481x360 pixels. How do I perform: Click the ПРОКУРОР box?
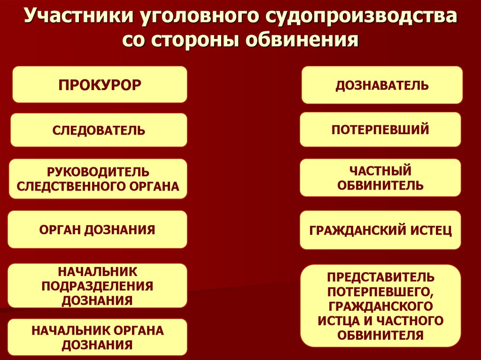click(x=100, y=84)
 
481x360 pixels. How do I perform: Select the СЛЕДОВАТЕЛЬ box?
click(x=99, y=130)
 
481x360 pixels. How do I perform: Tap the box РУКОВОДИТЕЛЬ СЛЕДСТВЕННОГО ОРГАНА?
click(x=98, y=179)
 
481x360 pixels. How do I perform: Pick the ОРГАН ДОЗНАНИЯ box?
click(x=97, y=230)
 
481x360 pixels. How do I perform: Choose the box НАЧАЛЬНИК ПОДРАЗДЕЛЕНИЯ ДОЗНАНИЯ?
click(x=98, y=285)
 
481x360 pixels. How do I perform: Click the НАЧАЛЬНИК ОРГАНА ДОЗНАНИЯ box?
click(x=98, y=337)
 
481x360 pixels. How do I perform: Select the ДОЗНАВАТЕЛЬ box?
click(x=381, y=85)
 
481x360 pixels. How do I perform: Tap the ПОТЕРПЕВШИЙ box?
click(x=380, y=129)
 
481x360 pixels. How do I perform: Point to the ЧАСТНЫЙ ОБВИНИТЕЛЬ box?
click(x=380, y=177)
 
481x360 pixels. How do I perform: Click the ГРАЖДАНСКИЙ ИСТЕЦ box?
click(x=380, y=230)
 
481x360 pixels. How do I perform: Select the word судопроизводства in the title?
click(x=361, y=17)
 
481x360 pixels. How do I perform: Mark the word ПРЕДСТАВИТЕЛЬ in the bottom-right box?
click(x=380, y=276)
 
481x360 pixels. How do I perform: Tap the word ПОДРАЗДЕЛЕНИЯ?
click(x=98, y=285)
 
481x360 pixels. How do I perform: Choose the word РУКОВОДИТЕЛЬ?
click(x=98, y=172)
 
